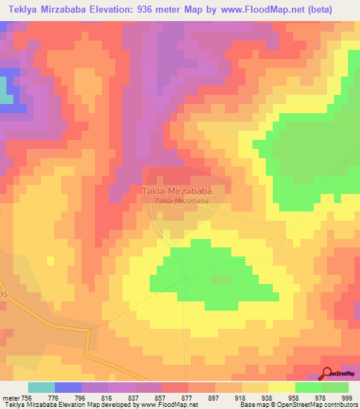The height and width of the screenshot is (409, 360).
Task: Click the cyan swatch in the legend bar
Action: (x=41, y=387)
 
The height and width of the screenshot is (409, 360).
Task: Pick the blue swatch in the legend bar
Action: (x=67, y=387)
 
